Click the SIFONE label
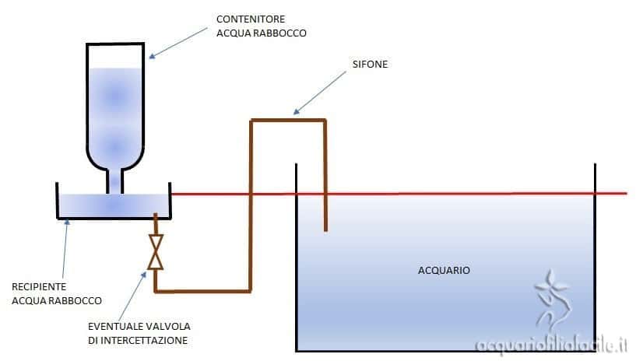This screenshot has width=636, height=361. (369, 65)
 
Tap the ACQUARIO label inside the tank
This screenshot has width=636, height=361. (444, 271)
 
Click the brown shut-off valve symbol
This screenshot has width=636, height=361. (156, 253)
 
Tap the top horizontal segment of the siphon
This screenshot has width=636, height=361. (288, 120)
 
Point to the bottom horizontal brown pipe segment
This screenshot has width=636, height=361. (202, 292)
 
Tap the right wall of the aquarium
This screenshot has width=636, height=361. (596, 257)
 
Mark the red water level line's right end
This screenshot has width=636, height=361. (624, 193)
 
